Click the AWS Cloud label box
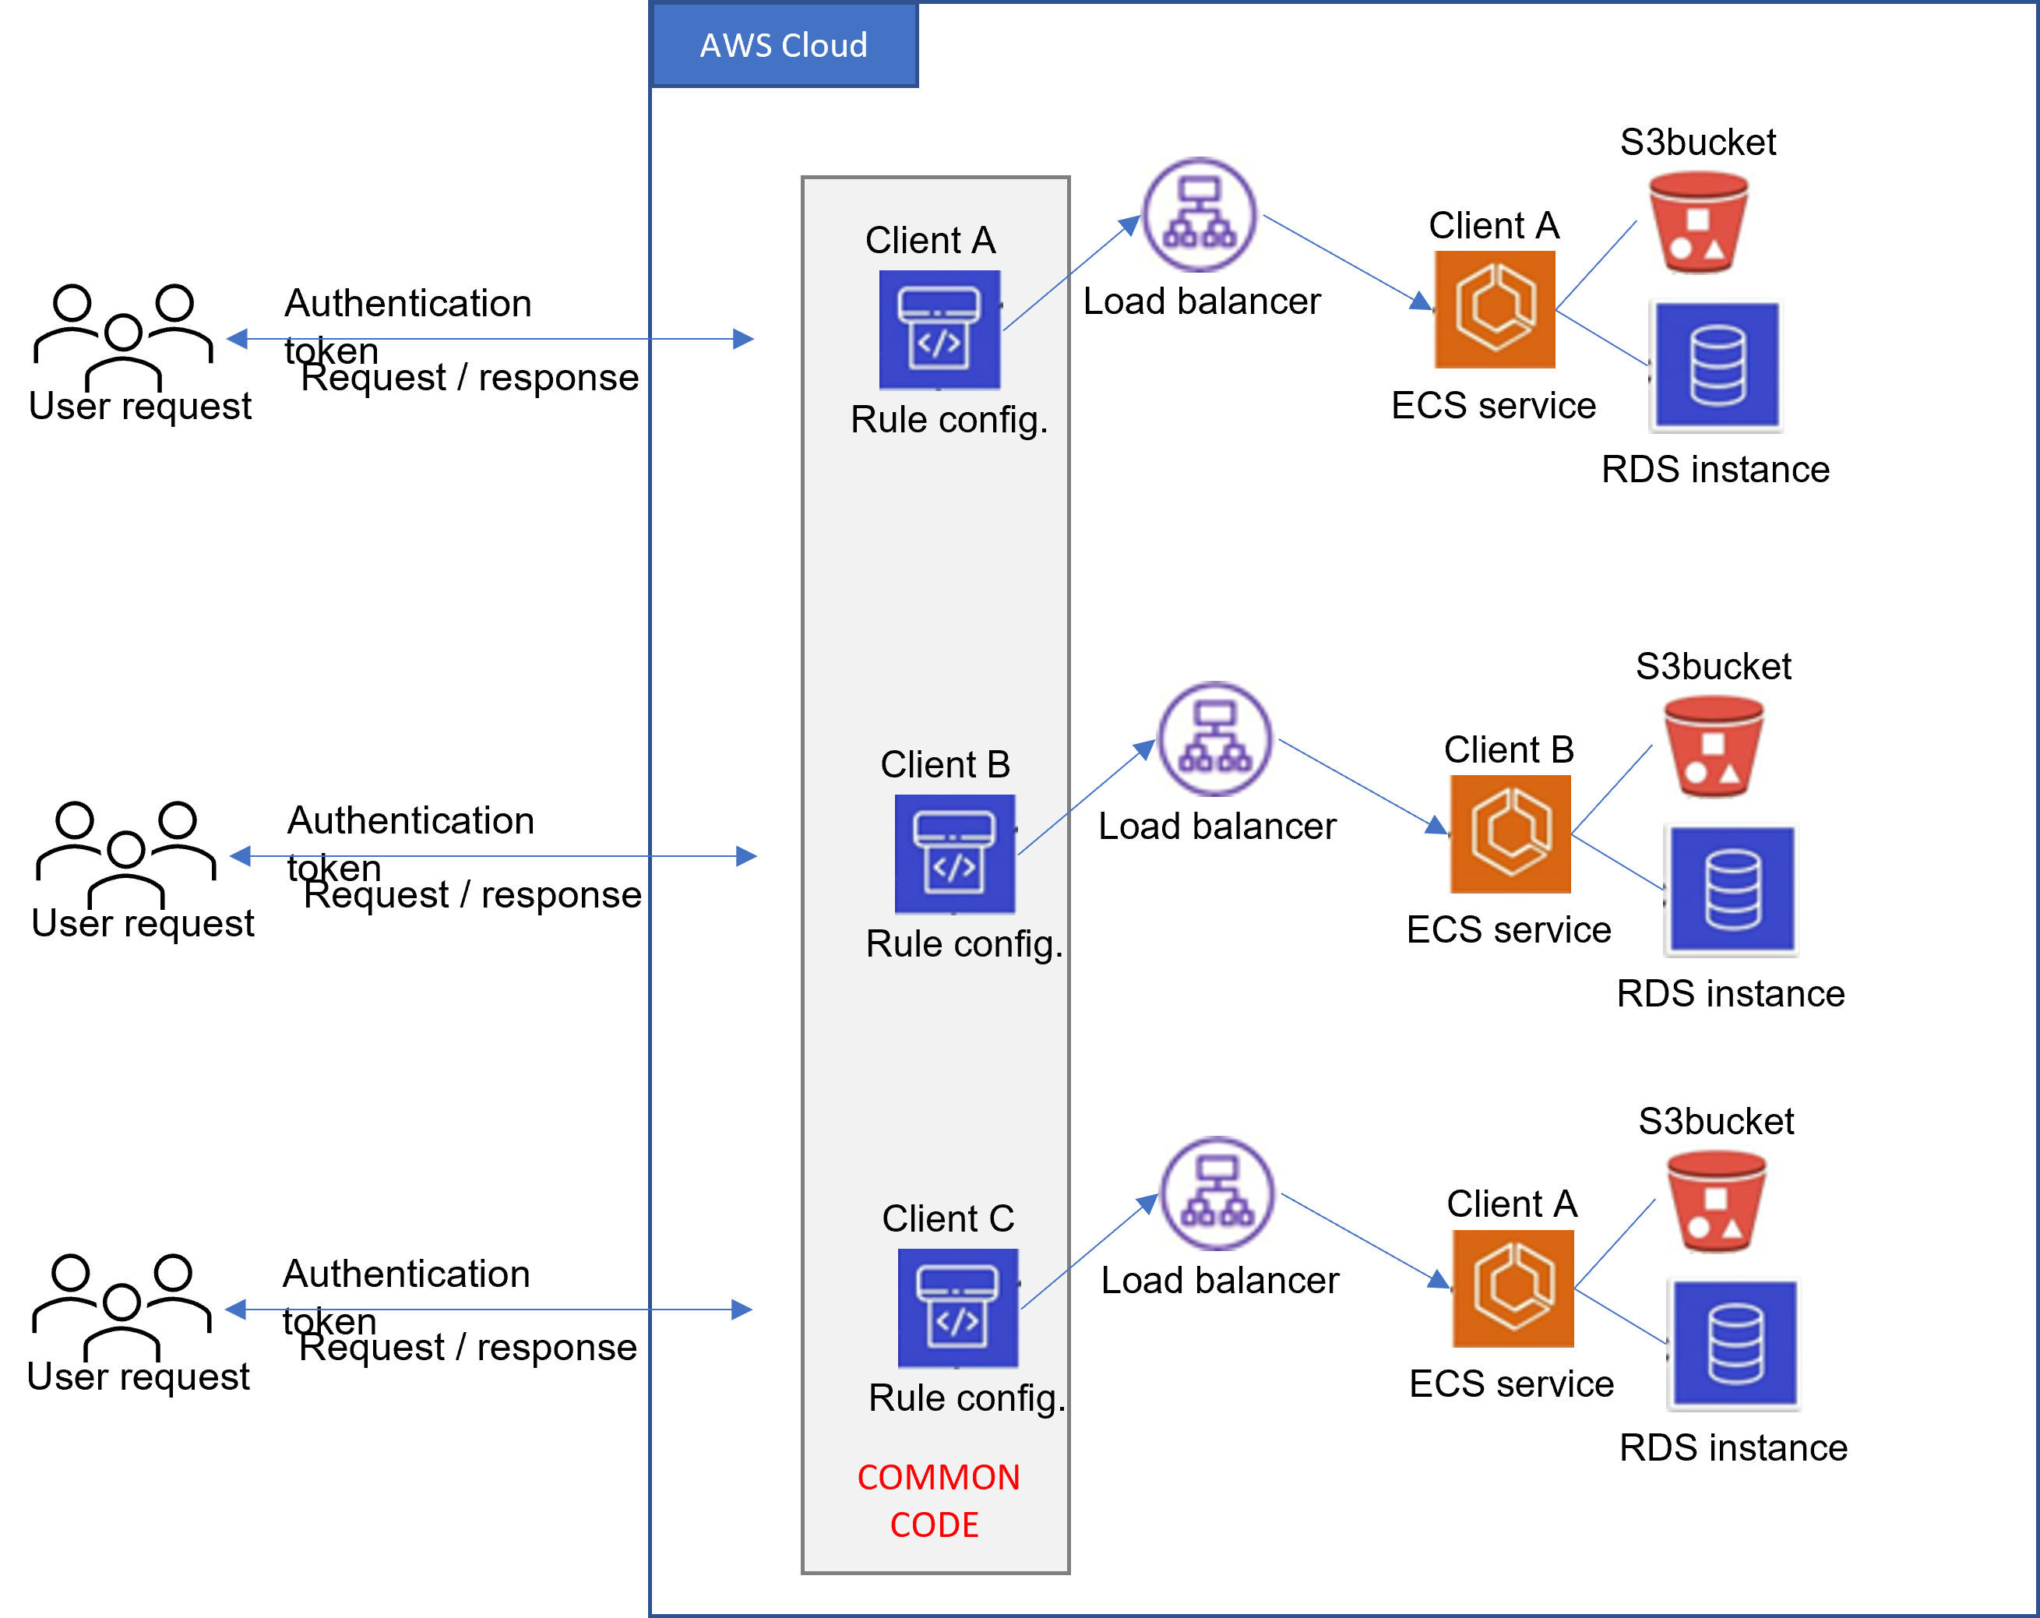(784, 44)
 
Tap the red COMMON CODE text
(938, 1500)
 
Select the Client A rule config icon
(939, 330)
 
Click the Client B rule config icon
(955, 854)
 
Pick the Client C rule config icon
(957, 1308)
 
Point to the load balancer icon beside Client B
(1217, 739)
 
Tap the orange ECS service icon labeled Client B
(1511, 834)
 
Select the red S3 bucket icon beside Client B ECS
(1714, 746)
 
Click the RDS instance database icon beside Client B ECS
(1732, 890)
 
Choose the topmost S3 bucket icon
(1698, 222)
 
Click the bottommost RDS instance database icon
(1735, 1344)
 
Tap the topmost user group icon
(124, 336)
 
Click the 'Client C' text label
(948, 1218)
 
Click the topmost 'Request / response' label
(470, 378)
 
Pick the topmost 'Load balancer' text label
(1202, 301)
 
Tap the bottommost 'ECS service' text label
(1511, 1384)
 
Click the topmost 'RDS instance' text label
(1715, 469)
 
